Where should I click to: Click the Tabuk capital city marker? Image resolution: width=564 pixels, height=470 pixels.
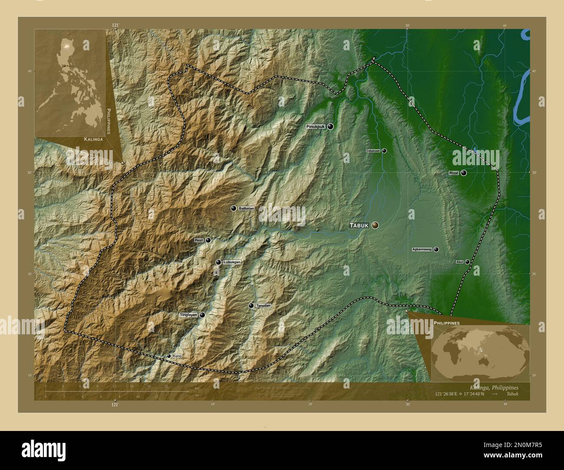(375, 225)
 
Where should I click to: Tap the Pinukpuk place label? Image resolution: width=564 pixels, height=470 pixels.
(315, 127)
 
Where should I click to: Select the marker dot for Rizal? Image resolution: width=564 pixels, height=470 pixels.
(464, 173)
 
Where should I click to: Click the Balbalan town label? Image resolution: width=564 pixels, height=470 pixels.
(246, 209)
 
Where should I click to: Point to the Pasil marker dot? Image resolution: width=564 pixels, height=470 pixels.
(208, 240)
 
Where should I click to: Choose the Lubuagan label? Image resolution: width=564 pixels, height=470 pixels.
(232, 262)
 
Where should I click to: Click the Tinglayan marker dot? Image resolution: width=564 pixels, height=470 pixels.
(202, 315)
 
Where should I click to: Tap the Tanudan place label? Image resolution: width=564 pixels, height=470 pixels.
(263, 306)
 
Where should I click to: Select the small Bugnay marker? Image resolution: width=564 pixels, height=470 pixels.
(169, 356)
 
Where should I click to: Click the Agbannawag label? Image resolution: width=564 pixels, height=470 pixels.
(422, 250)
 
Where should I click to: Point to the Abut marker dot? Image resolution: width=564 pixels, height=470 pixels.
(467, 262)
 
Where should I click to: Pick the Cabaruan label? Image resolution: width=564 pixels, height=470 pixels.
(373, 151)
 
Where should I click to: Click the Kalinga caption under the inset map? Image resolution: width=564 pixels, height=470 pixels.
(93, 140)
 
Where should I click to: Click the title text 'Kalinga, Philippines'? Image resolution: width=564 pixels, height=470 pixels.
(494, 387)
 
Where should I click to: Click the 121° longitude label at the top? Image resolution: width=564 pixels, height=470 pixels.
(115, 26)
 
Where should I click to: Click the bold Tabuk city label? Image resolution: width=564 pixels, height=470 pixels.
(359, 225)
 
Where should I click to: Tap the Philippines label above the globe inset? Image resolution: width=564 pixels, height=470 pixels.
(446, 323)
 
